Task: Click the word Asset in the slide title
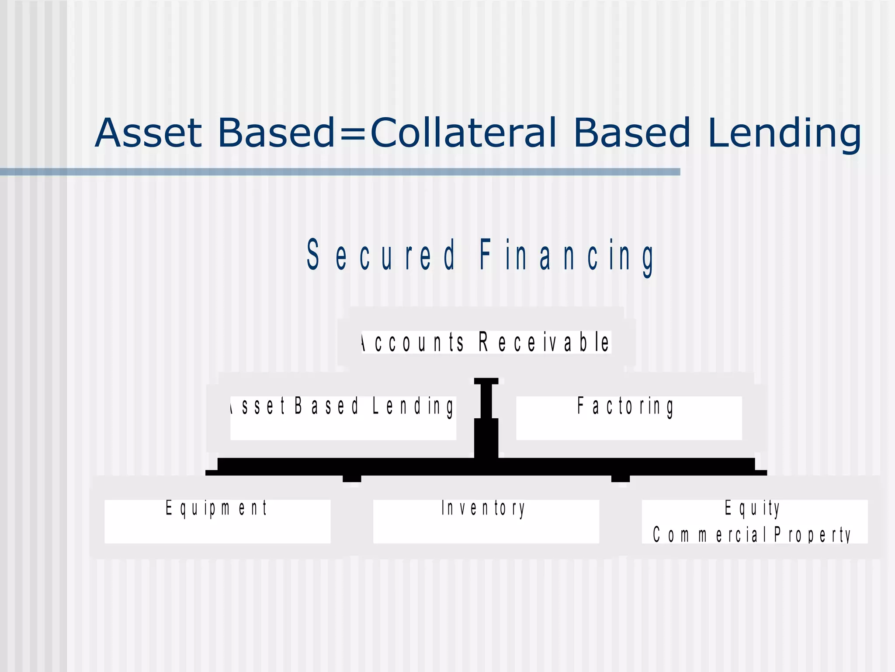point(148,133)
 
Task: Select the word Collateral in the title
point(464,133)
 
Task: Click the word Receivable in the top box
point(544,342)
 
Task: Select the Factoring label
point(625,406)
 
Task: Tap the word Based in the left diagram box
point(326,406)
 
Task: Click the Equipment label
point(216,509)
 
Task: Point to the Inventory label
point(483,509)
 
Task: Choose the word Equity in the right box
point(752,509)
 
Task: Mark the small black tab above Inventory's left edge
point(352,479)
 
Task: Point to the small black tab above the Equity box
point(620,479)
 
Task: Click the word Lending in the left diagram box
point(413,406)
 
